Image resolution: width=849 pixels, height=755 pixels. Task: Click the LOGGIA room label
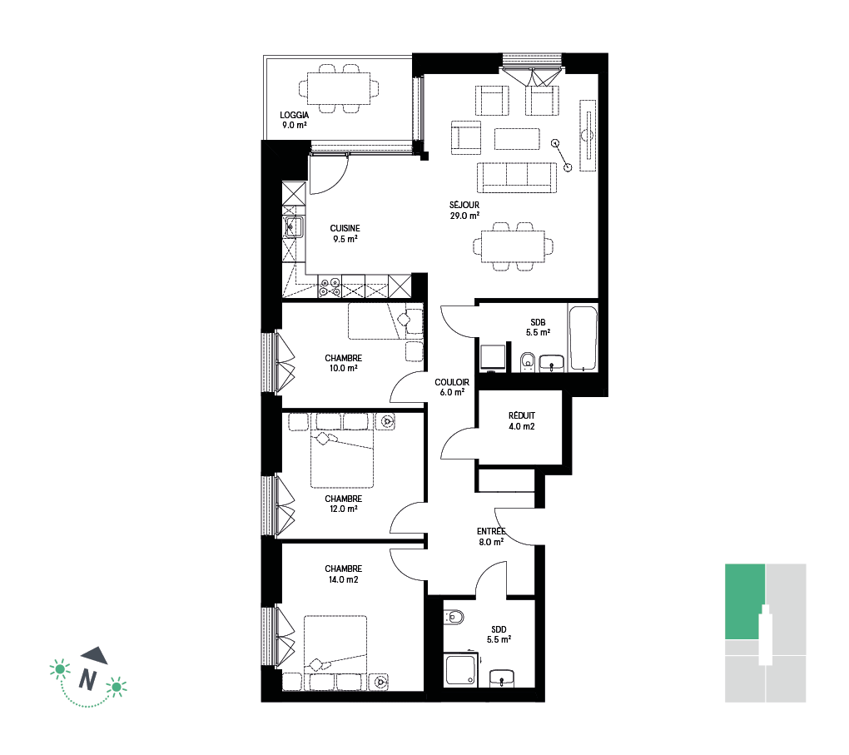(x=294, y=115)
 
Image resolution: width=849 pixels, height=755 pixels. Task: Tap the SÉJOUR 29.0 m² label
(x=464, y=210)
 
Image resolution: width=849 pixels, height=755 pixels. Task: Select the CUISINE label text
(x=345, y=229)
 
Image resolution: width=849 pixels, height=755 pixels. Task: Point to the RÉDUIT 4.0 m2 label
(x=521, y=421)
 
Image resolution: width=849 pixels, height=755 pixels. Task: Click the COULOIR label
(x=452, y=382)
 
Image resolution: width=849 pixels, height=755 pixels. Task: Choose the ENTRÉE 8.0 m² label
(x=491, y=537)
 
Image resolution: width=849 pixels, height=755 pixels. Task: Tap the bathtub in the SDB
(x=583, y=339)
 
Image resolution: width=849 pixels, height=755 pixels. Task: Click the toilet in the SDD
(x=454, y=617)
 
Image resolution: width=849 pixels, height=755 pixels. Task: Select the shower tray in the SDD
(x=461, y=670)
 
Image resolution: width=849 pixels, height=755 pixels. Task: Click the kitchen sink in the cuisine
(x=294, y=226)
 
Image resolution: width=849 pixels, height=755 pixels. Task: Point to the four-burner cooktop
(x=330, y=287)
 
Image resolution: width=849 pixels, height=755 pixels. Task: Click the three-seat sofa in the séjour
(x=517, y=177)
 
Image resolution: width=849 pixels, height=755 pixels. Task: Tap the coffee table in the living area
(x=517, y=139)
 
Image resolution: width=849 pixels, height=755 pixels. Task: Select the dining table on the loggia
(x=339, y=88)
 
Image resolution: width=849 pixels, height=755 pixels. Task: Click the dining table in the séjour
(x=514, y=246)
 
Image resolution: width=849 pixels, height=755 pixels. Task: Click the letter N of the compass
(x=87, y=679)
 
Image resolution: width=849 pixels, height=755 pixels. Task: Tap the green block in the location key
(x=745, y=601)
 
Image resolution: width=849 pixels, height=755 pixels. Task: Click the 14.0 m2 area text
(x=343, y=579)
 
